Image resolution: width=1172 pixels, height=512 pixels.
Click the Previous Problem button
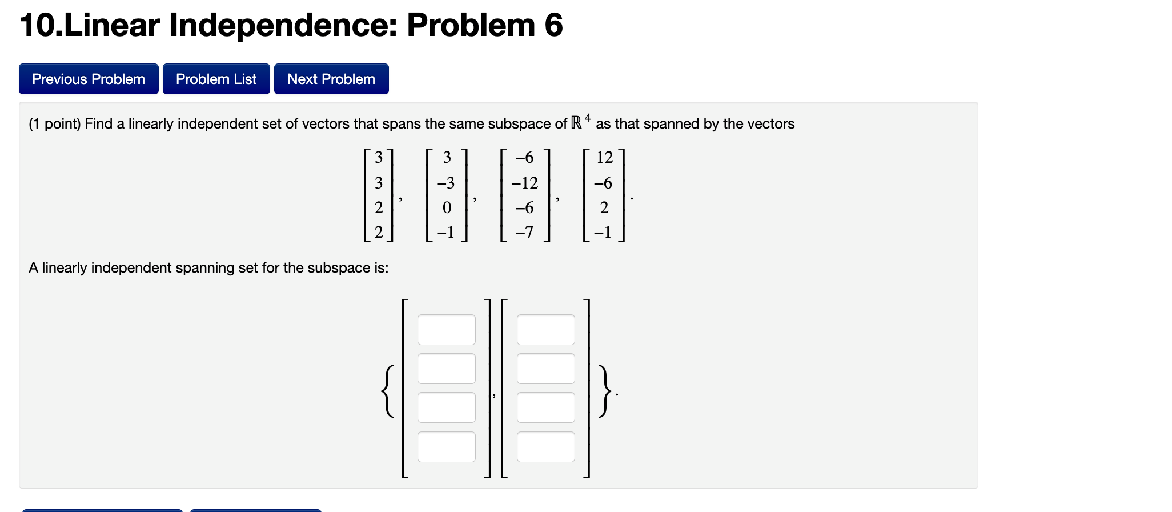point(89,79)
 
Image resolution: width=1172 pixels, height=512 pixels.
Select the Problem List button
point(216,79)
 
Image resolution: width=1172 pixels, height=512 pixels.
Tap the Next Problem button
point(331,79)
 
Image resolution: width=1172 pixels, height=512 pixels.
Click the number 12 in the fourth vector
point(604,157)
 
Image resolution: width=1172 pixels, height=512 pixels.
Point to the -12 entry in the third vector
point(524,183)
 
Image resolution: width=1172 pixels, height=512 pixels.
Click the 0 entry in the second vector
point(447,207)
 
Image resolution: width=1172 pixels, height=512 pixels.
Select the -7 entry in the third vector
point(524,232)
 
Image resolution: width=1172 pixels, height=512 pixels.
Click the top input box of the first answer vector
point(446,330)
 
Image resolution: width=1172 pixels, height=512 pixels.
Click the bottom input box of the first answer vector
point(446,447)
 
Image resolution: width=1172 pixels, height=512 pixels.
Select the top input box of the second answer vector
point(545,330)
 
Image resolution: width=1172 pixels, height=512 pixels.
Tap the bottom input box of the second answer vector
point(545,447)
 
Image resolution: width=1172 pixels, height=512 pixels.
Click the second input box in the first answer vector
point(446,369)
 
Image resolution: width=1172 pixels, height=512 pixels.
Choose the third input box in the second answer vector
point(545,407)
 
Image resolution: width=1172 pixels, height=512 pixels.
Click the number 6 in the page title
point(553,25)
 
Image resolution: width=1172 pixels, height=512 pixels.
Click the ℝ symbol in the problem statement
point(576,123)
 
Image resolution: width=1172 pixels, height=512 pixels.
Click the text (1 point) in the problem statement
point(55,124)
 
